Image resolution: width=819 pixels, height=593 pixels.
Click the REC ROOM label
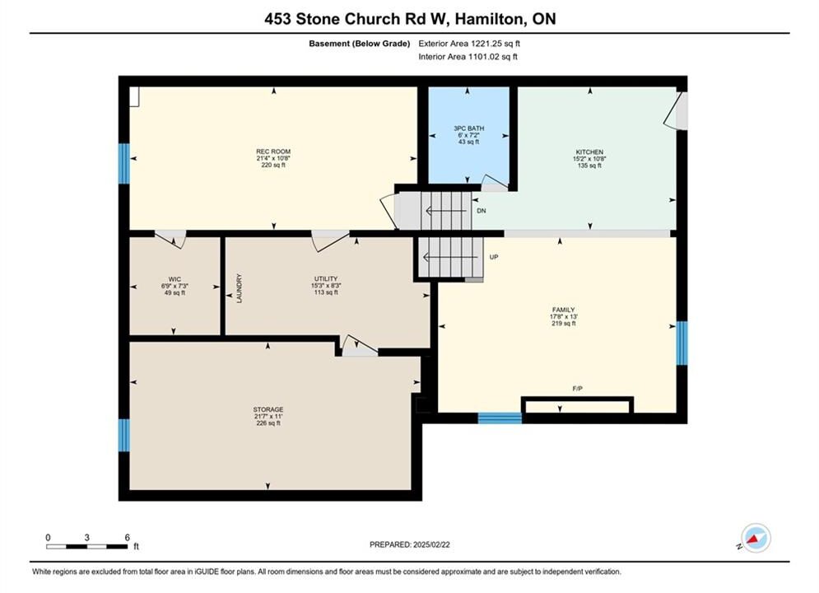(273, 152)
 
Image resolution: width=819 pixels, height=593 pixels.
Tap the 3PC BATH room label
(468, 128)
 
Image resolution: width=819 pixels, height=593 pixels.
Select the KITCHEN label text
(589, 152)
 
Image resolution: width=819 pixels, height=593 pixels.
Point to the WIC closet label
(175, 279)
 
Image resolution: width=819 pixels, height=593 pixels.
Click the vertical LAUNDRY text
(240, 288)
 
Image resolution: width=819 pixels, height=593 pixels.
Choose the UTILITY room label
(326, 279)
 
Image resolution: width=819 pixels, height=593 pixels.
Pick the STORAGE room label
(268, 409)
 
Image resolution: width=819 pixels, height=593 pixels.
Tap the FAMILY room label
(564, 310)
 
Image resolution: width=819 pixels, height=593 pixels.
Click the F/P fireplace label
(577, 389)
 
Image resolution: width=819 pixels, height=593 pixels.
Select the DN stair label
(481, 211)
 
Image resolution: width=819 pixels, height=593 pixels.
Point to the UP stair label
(494, 257)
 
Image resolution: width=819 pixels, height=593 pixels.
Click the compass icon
(755, 538)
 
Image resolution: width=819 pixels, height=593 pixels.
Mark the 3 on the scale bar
(86, 538)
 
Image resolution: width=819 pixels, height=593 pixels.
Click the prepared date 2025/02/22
(431, 544)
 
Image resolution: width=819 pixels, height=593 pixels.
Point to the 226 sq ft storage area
(268, 423)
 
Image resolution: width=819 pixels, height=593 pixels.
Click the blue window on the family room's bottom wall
(500, 418)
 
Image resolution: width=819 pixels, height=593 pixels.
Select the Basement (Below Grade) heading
(360, 44)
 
